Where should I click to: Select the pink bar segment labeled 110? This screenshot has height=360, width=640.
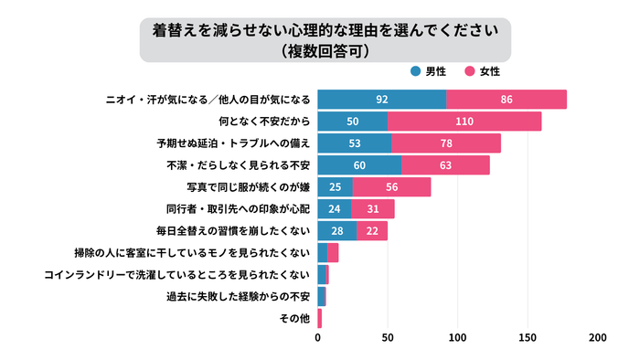click(464, 122)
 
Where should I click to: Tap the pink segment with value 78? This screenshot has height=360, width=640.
click(446, 143)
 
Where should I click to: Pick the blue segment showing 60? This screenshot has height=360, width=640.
click(359, 165)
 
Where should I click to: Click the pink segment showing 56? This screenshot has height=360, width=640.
click(391, 187)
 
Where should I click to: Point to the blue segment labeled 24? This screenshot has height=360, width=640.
click(335, 209)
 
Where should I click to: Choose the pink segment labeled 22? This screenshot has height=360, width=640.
click(372, 231)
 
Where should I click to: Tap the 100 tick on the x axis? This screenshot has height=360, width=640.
click(457, 338)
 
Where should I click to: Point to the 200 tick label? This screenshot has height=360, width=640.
click(597, 338)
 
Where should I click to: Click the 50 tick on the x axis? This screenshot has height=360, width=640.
click(388, 338)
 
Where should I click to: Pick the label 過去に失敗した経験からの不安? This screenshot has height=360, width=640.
click(237, 297)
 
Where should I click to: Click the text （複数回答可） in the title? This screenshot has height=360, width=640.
click(320, 51)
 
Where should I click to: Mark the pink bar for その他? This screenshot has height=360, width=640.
click(320, 319)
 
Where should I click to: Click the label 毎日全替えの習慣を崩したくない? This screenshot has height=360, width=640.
click(237, 231)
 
